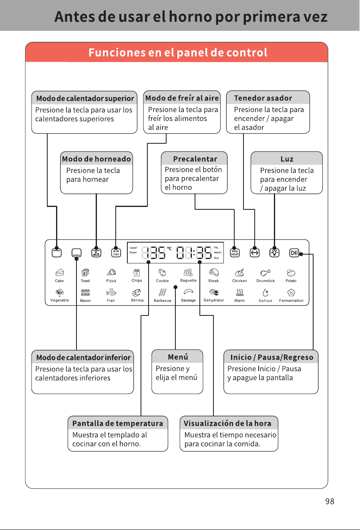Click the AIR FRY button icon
[x=116, y=253]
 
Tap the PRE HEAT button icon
[x=235, y=253]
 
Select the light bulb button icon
[x=274, y=253]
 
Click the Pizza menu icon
[x=111, y=273]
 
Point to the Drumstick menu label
[x=265, y=281]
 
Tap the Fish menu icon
[x=111, y=293]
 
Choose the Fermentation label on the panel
[x=291, y=301]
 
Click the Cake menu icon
[x=59, y=273]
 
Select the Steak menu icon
[x=214, y=273]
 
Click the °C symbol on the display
[x=169, y=249]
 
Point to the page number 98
[x=330, y=501]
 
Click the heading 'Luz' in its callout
[x=287, y=159]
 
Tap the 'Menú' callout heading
[x=178, y=357]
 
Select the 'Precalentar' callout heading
[x=195, y=159]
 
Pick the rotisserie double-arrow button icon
[x=254, y=253]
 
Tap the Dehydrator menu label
[x=214, y=300]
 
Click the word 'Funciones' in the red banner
[x=117, y=52]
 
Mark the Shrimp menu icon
[x=137, y=293]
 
